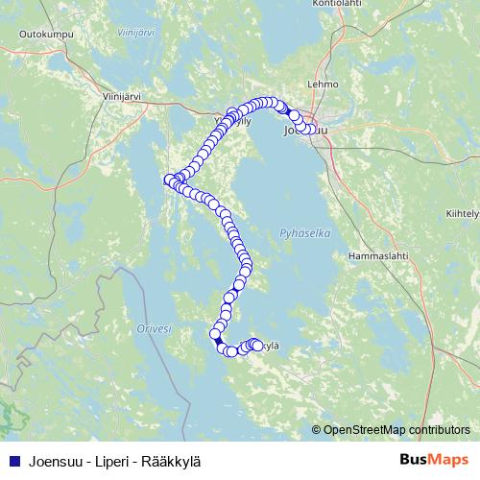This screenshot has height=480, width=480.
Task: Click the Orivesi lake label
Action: pyautogui.click(x=154, y=328)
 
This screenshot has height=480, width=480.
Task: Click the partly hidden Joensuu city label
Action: pyautogui.click(x=305, y=130)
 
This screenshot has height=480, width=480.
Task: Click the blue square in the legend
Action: pyautogui.click(x=14, y=460)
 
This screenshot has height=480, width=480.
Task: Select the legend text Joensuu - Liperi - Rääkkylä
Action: pyautogui.click(x=116, y=460)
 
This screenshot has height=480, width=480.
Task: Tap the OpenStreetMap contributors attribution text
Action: pyautogui.click(x=396, y=429)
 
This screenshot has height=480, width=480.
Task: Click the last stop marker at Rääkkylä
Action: pyautogui.click(x=257, y=346)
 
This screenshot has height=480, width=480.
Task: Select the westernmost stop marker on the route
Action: pyautogui.click(x=169, y=179)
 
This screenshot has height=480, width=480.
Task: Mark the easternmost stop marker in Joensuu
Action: pyautogui.click(x=310, y=130)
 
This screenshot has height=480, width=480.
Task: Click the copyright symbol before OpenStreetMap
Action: pyautogui.click(x=317, y=429)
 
